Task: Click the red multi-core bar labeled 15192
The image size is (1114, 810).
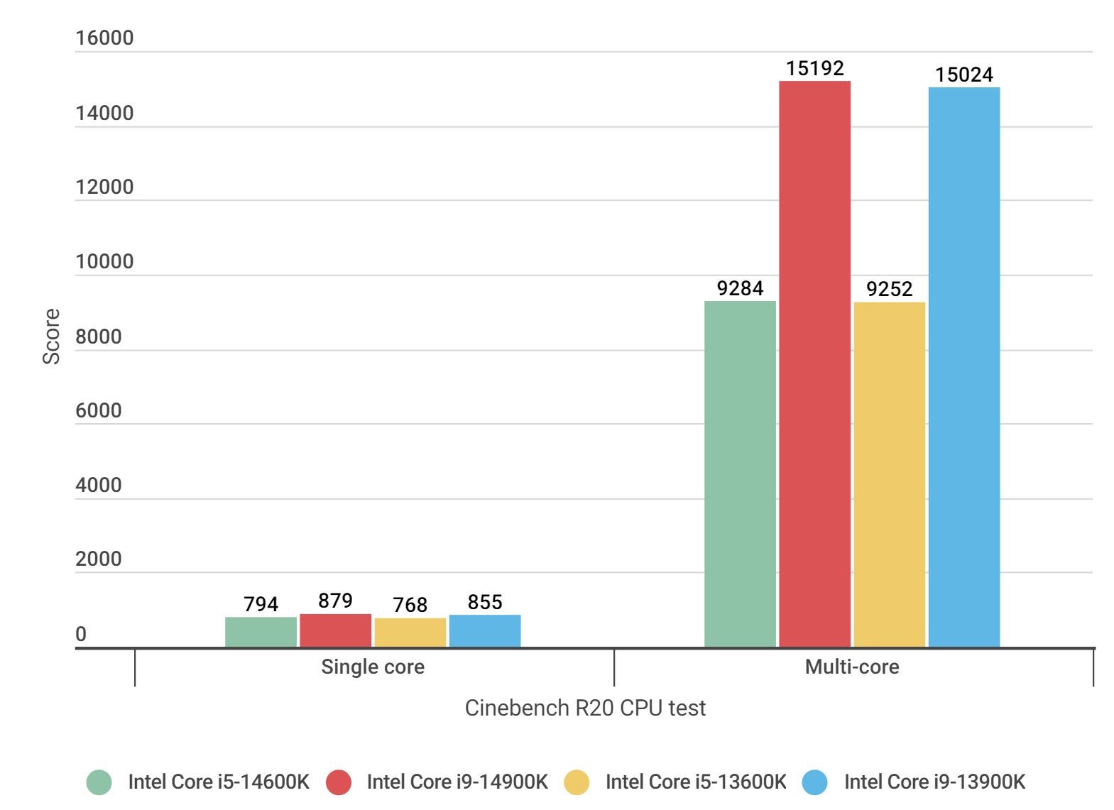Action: (x=814, y=363)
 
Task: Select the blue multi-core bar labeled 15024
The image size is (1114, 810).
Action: (x=963, y=367)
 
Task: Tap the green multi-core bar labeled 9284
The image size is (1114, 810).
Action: (x=740, y=474)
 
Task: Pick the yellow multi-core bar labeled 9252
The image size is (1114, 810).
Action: (x=889, y=474)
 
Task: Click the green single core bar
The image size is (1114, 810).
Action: (x=261, y=632)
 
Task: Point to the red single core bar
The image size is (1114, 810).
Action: (x=335, y=630)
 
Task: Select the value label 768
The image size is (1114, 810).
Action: (x=410, y=605)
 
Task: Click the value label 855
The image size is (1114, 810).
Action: (x=485, y=602)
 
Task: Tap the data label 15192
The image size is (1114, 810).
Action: (x=814, y=68)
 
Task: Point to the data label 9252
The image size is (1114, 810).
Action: (x=889, y=289)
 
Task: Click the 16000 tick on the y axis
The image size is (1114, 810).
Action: (x=104, y=38)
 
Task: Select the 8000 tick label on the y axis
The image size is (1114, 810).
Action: (x=99, y=336)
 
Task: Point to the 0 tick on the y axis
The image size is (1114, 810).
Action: (x=81, y=634)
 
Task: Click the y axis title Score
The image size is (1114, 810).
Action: (x=51, y=336)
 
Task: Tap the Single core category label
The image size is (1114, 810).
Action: (x=373, y=667)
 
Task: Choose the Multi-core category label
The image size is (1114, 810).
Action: (x=851, y=667)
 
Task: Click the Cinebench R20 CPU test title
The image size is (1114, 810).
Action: (x=585, y=708)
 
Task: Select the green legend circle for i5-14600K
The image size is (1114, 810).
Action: (x=99, y=782)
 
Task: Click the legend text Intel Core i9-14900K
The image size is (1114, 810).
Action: (x=457, y=782)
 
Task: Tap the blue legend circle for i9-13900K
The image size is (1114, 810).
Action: (x=815, y=782)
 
